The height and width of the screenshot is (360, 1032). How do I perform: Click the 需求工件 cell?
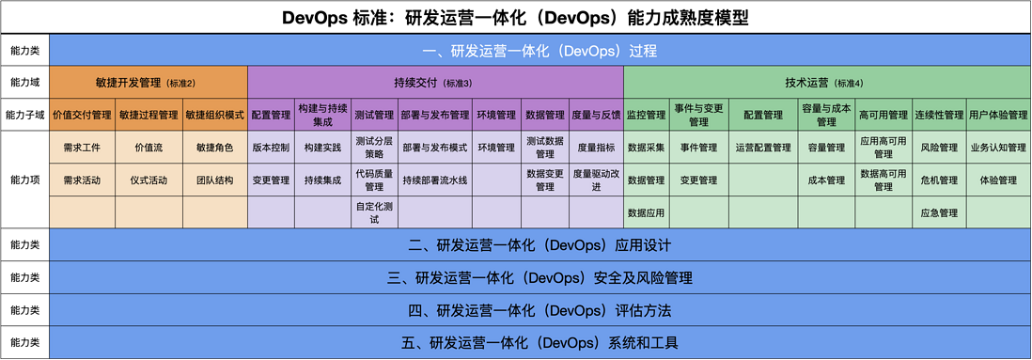point(83,148)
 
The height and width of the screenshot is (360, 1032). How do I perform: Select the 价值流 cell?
point(149,148)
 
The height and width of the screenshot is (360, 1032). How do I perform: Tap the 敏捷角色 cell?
point(215,148)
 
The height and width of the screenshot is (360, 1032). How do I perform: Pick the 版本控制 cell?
point(272,148)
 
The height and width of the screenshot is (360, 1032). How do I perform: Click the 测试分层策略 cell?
point(374,148)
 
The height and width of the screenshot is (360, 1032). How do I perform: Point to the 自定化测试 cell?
point(374,212)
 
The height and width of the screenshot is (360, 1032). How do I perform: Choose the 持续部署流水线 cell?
point(435,180)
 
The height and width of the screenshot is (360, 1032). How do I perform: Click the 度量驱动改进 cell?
point(596,180)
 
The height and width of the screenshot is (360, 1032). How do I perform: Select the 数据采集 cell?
point(647,148)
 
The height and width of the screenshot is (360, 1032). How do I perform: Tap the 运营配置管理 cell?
point(763,148)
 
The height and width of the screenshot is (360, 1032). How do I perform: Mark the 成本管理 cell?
point(826,180)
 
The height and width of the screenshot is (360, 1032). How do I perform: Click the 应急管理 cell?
point(939,212)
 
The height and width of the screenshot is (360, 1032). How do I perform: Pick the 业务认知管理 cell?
point(998,148)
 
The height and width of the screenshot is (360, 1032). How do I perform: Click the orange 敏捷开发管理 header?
point(149,83)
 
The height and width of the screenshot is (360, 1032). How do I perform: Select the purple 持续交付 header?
point(435,83)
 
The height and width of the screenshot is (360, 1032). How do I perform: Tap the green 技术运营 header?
point(827,83)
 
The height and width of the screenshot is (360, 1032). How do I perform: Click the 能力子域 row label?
point(25,115)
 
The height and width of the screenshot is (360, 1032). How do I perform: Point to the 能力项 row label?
point(25,180)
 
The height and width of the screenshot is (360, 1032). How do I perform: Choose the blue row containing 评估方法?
point(539,310)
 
